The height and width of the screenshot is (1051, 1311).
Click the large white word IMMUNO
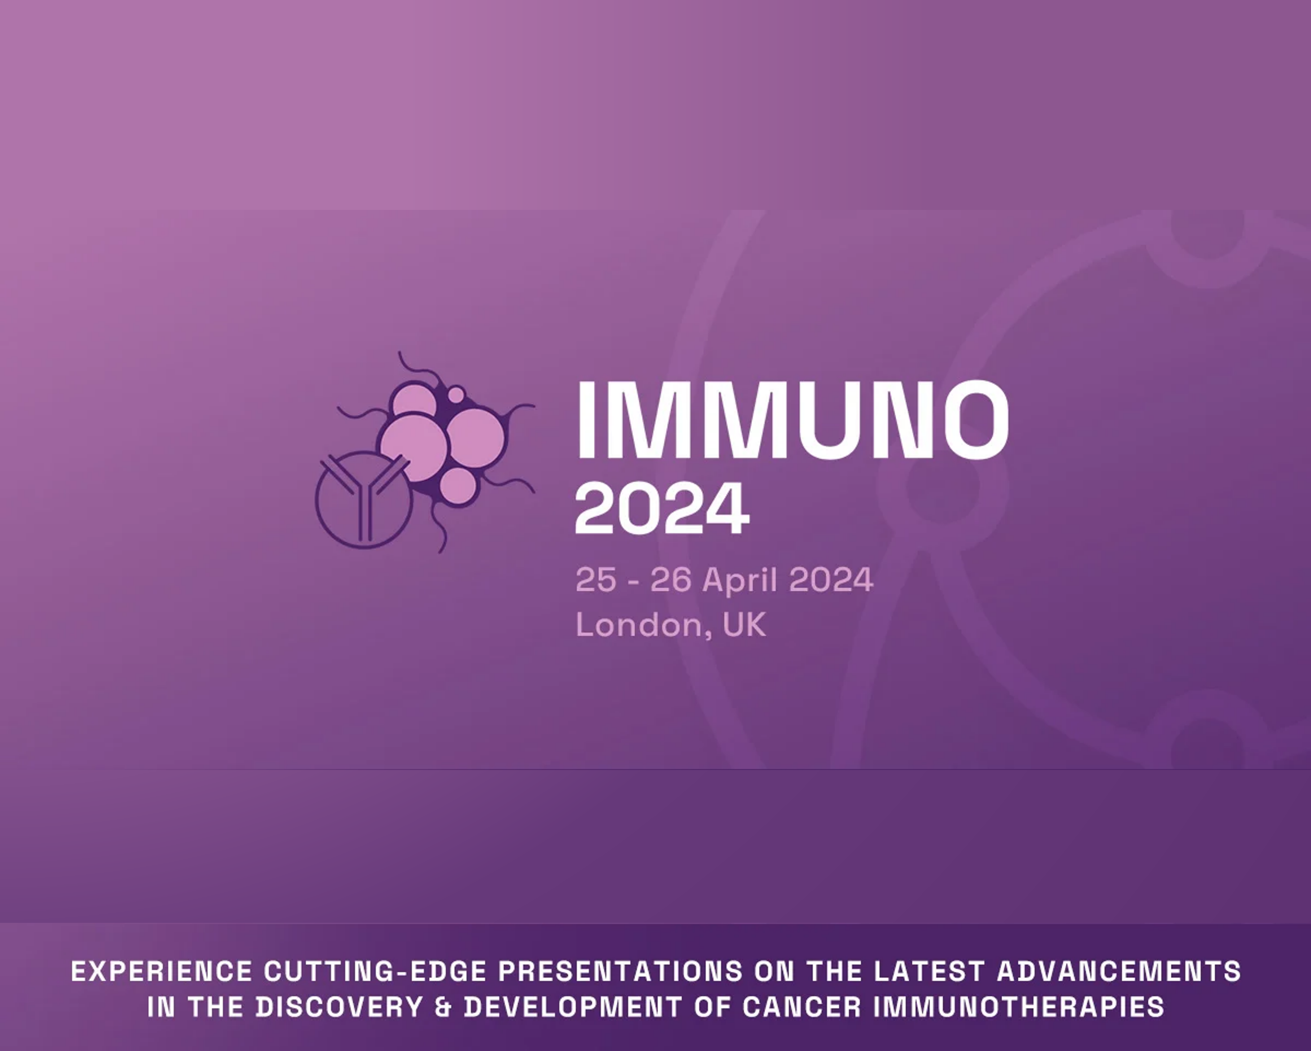793,419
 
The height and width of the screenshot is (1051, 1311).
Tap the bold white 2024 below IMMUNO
662,508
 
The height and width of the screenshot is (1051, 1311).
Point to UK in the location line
744,625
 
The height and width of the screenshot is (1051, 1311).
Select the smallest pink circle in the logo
456,396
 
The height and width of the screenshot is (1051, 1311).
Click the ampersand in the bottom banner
443,1007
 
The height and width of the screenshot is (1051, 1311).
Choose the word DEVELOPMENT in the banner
572,1007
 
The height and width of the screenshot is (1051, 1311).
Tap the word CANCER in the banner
801,1007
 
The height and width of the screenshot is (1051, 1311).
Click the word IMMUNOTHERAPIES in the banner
1018,1007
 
